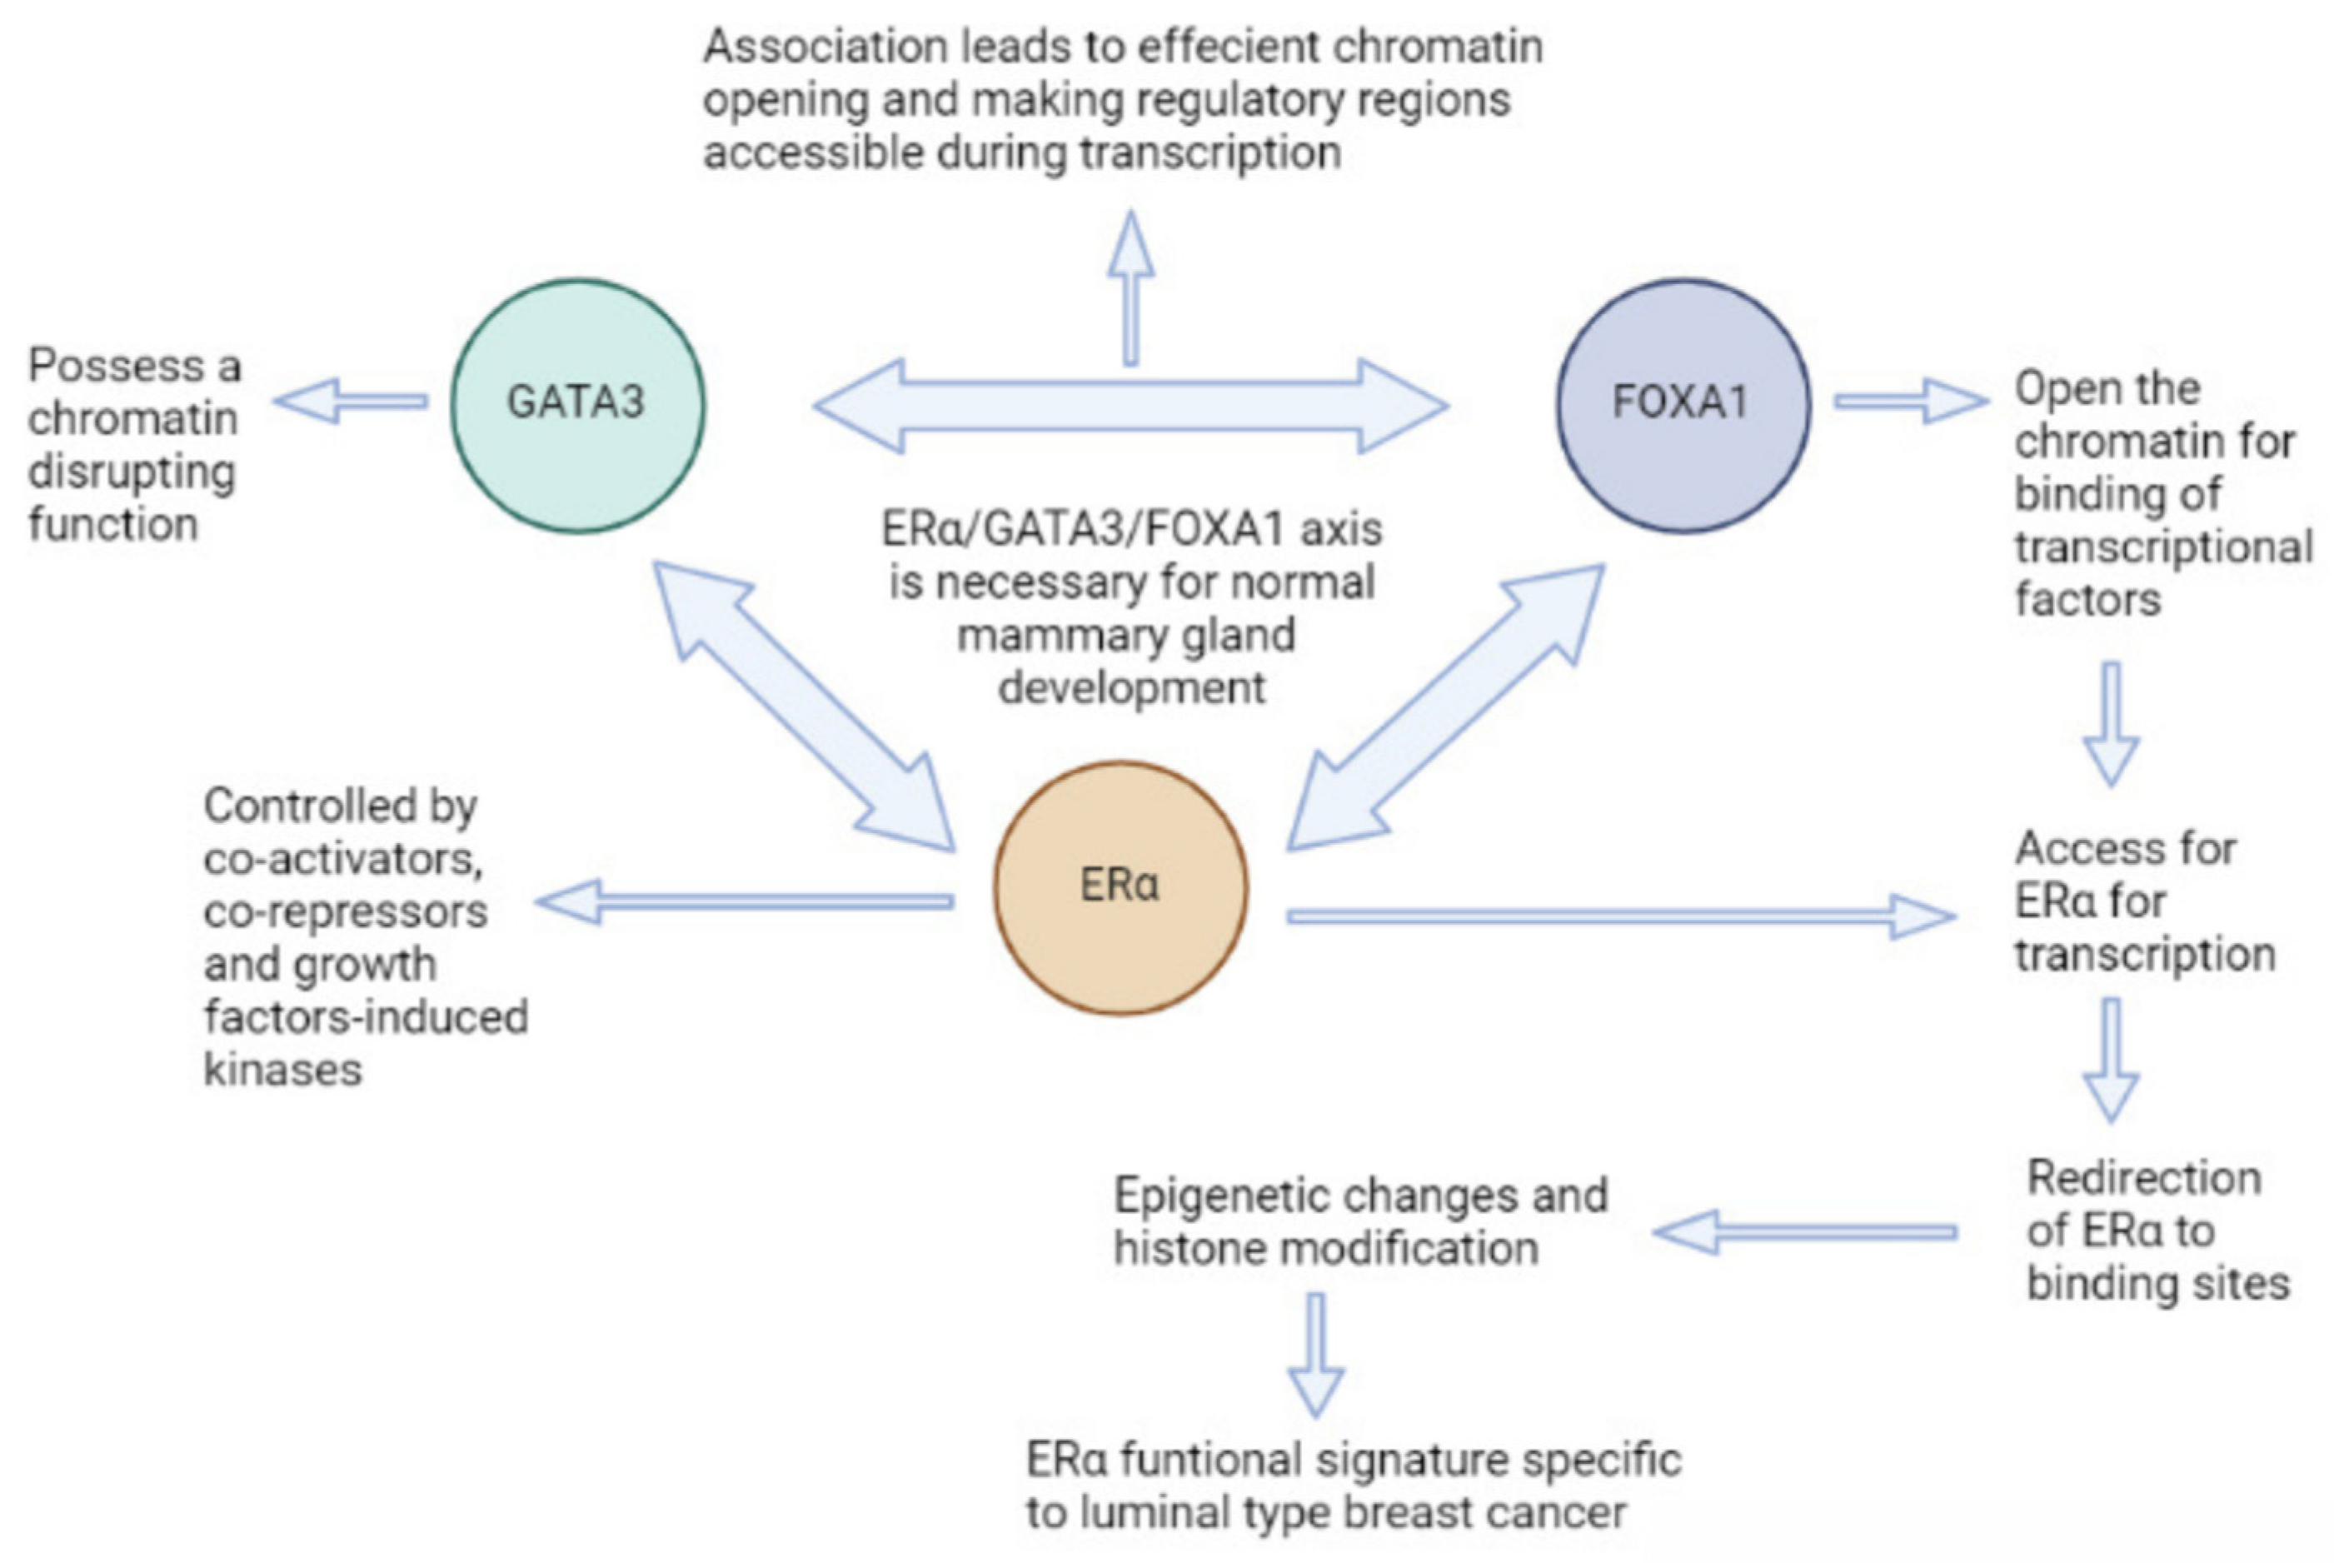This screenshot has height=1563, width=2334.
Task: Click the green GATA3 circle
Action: [x=577, y=405]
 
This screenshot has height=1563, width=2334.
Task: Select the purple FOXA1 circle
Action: [x=1683, y=405]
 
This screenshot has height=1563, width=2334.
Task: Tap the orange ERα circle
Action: [x=1120, y=887]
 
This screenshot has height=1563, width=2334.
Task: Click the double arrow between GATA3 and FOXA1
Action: [x=1130, y=406]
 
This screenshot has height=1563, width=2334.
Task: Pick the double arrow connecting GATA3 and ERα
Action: [x=803, y=706]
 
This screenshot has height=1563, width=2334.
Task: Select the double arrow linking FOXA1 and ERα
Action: [x=1446, y=706]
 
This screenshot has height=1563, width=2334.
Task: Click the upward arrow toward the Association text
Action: [x=1130, y=289]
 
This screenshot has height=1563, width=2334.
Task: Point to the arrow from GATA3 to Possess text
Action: [x=351, y=401]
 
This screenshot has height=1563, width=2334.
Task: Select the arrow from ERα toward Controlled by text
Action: [x=746, y=901]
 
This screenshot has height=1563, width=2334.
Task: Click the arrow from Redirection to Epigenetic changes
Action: [x=1805, y=1232]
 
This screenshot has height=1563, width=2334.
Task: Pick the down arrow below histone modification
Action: [x=1316, y=1355]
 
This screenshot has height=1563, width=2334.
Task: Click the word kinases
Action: [x=283, y=1070]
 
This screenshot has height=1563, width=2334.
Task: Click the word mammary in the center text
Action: [x=1041, y=636]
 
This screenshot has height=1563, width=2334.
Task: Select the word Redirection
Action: [x=2143, y=1178]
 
